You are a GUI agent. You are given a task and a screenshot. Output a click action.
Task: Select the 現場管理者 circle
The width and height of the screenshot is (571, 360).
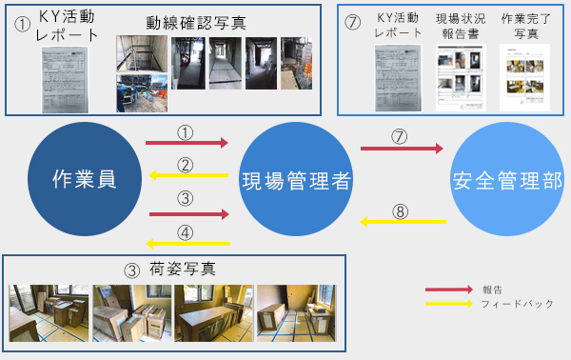295,179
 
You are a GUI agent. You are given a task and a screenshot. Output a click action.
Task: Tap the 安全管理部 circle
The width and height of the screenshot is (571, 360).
506,179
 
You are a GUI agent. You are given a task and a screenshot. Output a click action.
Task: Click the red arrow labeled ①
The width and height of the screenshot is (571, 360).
187,143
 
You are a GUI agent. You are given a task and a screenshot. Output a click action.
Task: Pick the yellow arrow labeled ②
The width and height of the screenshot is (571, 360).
187,175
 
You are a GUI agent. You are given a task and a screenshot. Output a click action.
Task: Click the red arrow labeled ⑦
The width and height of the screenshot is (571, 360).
402,149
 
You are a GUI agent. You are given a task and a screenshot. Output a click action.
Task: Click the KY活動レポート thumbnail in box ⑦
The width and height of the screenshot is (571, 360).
398,76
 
